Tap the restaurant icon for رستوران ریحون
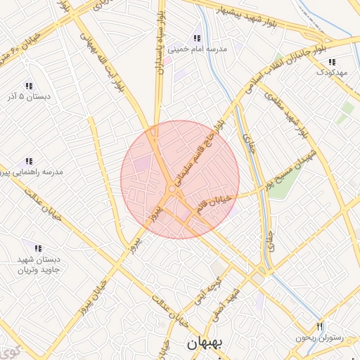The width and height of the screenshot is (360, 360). pyautogui.click(x=320, y=326)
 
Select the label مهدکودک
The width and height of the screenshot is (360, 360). pyautogui.click(x=332, y=72)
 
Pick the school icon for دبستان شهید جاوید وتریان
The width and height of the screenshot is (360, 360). pyautogui.click(x=37, y=248)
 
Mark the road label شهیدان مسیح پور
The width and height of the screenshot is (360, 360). pyautogui.click(x=288, y=168)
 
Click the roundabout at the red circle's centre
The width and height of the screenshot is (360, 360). pyautogui.click(x=172, y=189)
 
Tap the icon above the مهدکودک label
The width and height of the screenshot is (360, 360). pyautogui.click(x=332, y=62)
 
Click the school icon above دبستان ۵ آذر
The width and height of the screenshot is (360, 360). pyautogui.click(x=29, y=85)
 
